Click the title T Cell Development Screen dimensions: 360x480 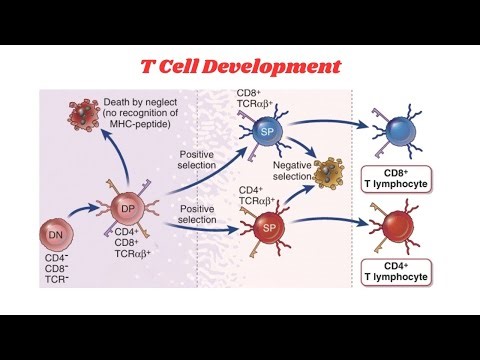coord(240,68)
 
